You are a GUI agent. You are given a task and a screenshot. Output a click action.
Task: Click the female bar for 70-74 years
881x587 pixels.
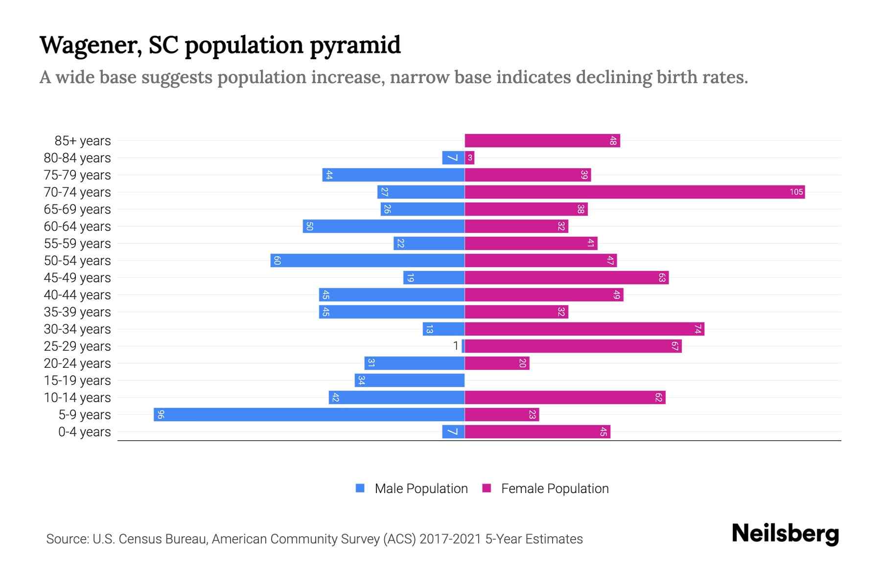point(634,192)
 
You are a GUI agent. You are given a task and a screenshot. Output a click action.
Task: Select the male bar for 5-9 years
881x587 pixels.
point(309,414)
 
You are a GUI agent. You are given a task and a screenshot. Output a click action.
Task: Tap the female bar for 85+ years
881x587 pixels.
point(542,140)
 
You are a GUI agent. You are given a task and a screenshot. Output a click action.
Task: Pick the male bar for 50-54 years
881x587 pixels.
point(367,260)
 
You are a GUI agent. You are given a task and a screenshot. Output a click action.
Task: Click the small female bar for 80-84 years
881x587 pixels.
point(469,158)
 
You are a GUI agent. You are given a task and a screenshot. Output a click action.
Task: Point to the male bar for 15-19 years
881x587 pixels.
point(410,380)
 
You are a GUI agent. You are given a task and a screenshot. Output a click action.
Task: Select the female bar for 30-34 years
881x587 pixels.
point(584,329)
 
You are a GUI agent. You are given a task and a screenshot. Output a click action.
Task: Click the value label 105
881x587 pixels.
point(796,192)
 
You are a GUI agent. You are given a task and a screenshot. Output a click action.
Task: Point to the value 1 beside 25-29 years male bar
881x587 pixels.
point(456,346)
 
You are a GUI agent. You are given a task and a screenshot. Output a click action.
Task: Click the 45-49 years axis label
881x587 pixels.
point(77,277)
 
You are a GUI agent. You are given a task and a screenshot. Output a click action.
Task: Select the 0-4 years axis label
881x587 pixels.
point(84,431)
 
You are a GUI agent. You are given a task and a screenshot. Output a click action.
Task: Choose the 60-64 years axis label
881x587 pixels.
point(77,226)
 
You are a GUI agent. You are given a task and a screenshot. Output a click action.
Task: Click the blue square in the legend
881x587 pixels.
point(360,488)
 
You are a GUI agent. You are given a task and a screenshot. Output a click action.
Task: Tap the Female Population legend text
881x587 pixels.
point(555,488)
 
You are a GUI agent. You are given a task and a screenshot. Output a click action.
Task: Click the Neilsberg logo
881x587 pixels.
point(785,534)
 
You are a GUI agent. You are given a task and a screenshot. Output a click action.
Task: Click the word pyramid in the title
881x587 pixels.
point(355,45)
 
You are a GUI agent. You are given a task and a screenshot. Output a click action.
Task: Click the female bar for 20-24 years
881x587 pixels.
point(497,363)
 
